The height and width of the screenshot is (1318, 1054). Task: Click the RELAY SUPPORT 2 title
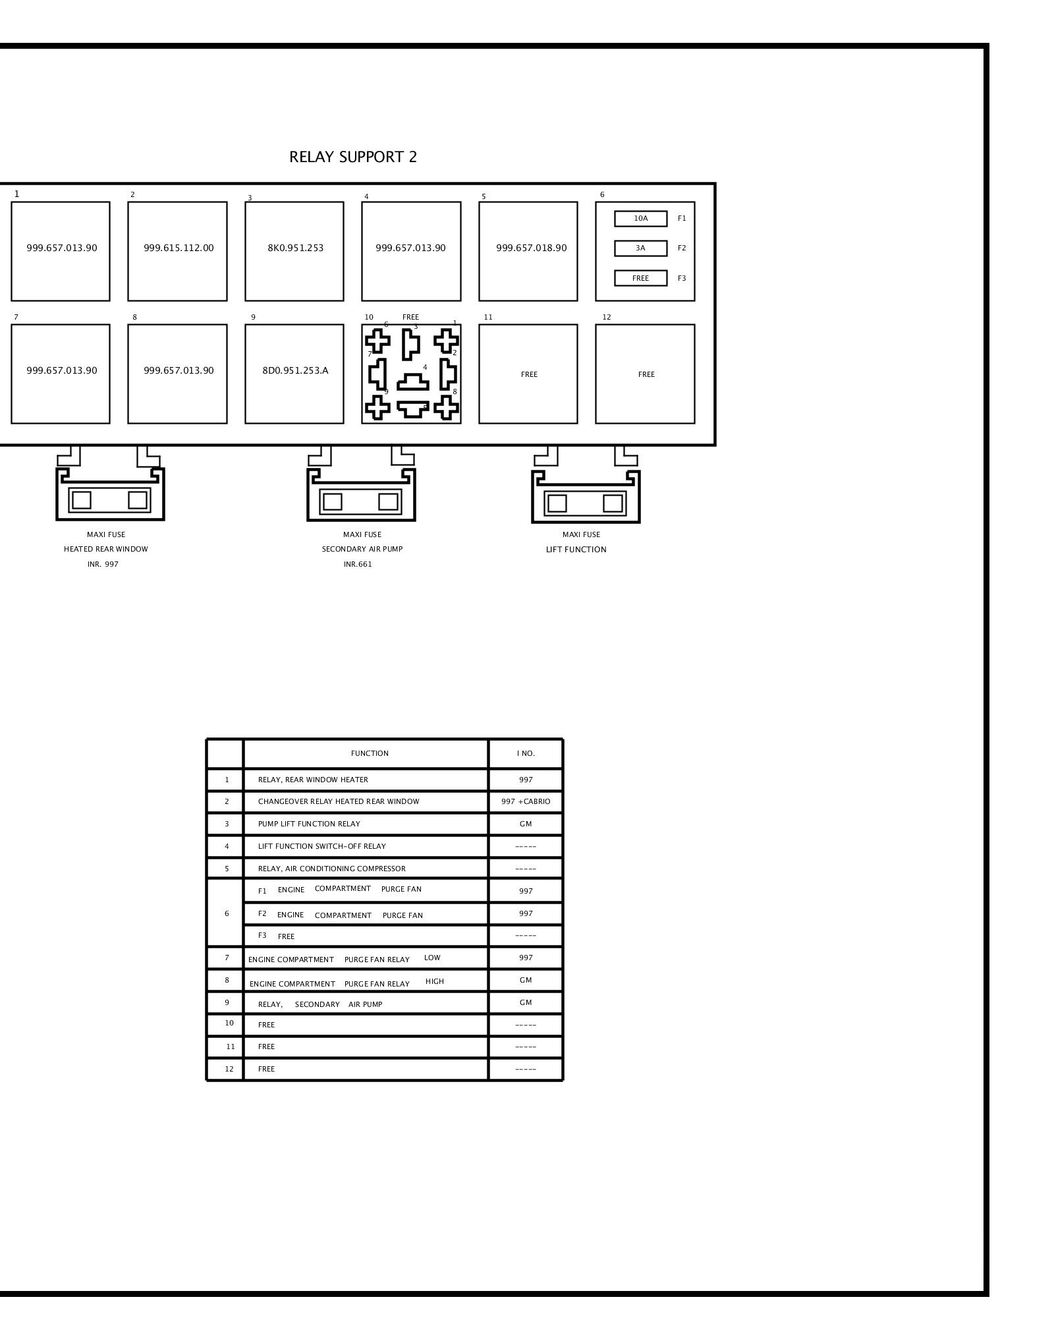[353, 157]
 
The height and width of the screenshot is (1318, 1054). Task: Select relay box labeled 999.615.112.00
[178, 251]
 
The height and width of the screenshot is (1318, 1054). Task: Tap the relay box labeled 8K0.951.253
[294, 251]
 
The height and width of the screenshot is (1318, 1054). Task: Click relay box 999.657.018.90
[528, 251]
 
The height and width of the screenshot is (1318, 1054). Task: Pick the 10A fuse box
[641, 218]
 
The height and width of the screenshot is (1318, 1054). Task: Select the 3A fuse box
[641, 248]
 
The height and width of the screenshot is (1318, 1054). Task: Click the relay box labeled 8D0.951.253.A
[294, 374]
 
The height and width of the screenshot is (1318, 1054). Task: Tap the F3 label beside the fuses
[682, 279]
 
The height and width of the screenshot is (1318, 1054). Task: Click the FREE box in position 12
[646, 374]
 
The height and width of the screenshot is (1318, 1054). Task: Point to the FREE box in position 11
[528, 374]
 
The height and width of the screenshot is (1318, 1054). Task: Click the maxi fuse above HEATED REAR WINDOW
[110, 494]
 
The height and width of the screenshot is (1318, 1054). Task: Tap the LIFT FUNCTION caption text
[576, 550]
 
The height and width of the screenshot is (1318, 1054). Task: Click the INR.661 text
[358, 565]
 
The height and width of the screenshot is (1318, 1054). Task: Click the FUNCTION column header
[370, 753]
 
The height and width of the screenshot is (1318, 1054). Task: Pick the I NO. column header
[526, 753]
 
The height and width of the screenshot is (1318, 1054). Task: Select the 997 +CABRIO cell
[526, 802]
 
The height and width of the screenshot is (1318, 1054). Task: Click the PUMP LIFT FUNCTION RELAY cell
[309, 824]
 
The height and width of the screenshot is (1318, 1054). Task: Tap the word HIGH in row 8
[435, 981]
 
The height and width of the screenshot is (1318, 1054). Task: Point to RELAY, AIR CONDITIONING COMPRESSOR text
[332, 869]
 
